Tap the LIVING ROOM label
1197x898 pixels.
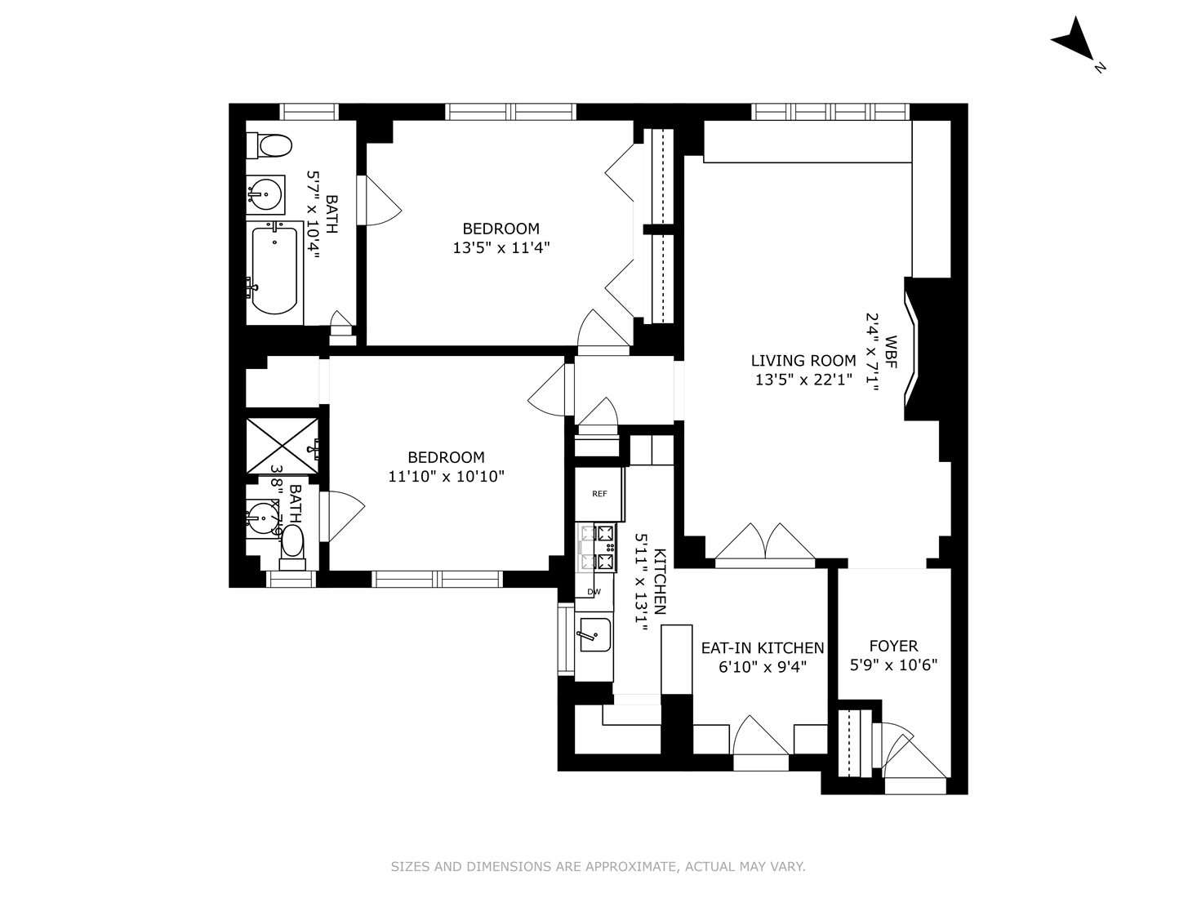803,360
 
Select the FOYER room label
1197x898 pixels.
892,646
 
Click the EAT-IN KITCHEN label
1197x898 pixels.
763,647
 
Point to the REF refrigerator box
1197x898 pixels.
599,494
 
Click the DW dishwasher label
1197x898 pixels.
594,592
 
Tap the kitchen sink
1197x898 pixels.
594,633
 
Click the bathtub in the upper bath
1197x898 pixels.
274,271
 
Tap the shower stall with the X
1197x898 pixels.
283,446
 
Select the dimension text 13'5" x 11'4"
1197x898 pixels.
501,247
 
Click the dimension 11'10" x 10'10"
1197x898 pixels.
446,476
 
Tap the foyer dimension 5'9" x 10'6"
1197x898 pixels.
893,665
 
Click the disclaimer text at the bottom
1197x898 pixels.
598,866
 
